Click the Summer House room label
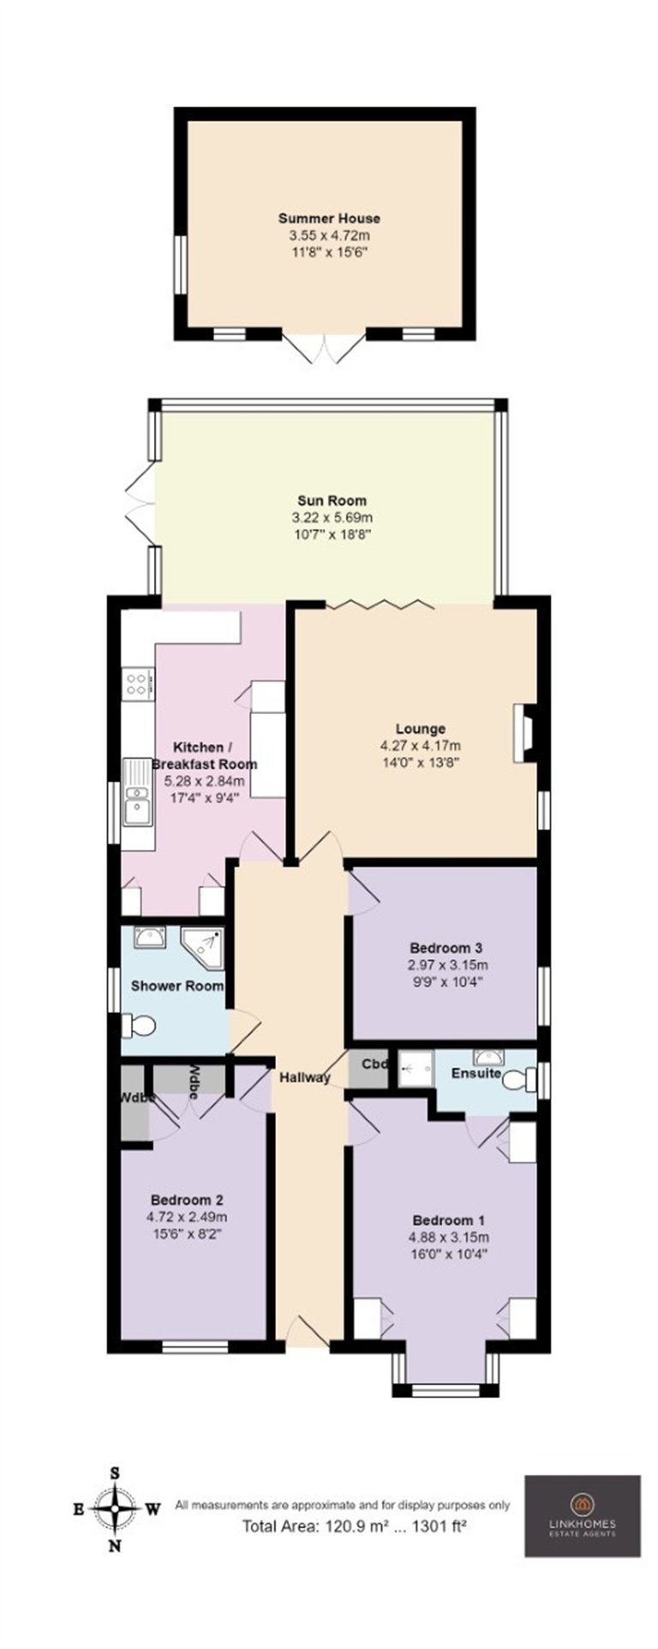click(328, 219)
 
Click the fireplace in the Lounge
click(523, 733)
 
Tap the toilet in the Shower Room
click(139, 1024)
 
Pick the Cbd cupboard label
click(374, 1064)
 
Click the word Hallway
click(304, 1077)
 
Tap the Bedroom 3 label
click(446, 948)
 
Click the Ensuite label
click(476, 1073)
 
